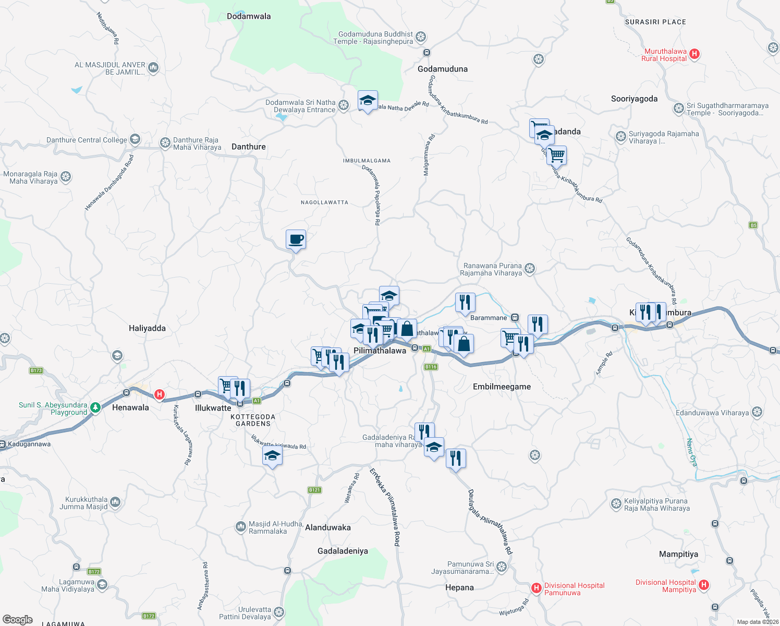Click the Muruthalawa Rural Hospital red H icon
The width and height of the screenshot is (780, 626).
694,54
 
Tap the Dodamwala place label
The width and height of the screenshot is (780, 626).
249,16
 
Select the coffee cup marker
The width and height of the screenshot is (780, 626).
296,239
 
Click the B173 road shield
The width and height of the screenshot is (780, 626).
36,371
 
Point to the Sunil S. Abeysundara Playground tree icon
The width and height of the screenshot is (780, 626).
95,408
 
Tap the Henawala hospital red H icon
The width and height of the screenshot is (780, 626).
160,395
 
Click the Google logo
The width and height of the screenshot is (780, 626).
18,620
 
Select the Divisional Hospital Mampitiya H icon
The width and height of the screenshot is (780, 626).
704,585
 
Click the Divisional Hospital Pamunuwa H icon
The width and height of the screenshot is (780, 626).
536,588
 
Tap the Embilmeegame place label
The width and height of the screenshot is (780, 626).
502,387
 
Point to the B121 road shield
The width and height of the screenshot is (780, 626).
314,490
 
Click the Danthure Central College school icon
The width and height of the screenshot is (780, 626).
135,139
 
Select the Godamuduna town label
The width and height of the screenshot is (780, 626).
443,69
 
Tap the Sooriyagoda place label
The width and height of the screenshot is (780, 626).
634,99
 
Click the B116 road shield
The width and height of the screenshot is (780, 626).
431,367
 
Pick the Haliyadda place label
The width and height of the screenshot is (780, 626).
147,328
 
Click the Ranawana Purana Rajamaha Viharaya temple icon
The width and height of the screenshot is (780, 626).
530,269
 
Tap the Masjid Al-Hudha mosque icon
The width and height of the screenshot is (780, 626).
240,527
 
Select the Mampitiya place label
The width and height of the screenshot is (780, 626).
678,554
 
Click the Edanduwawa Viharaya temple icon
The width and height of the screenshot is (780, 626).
757,413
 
